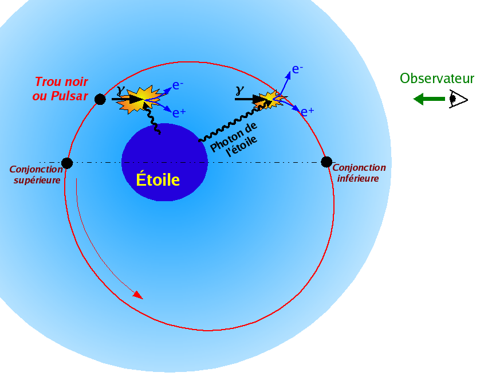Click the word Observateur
tap(437, 78)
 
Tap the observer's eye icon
tap(458, 99)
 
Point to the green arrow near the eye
tap(429, 99)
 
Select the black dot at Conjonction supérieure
tap(67, 163)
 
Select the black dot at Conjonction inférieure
tap(326, 162)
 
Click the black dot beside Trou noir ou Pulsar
tap(100, 99)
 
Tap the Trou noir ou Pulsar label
tap(61, 89)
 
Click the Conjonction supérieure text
tap(37, 175)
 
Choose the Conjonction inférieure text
tap(359, 173)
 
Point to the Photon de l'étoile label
tap(234, 139)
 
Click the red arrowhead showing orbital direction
tap(138, 295)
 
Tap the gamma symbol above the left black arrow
tap(120, 90)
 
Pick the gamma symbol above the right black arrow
tap(239, 90)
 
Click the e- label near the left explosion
tap(178, 85)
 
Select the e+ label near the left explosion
tap(179, 112)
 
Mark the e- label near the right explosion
tap(297, 69)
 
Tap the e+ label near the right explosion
tap(308, 111)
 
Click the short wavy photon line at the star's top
tap(152, 119)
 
